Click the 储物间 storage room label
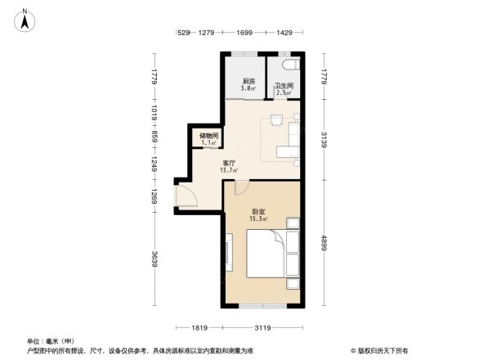208,138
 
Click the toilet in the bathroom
291,65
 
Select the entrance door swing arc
186,196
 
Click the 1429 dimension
284,33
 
